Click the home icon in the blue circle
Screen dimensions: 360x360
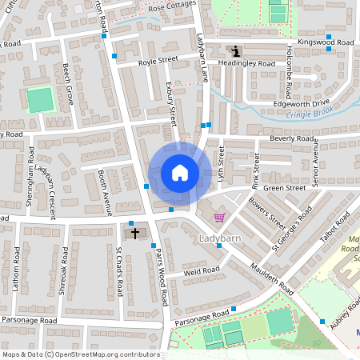179,173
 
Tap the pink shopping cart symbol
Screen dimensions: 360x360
219,218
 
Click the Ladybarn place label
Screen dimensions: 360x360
218,238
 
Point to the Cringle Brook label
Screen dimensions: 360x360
309,114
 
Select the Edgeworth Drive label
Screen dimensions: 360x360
302,102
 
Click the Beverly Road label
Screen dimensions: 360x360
292,138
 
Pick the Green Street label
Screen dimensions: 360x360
285,188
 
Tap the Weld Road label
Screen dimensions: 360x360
202,271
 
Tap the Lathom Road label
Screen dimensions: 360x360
15,267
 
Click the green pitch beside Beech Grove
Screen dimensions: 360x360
38,100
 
